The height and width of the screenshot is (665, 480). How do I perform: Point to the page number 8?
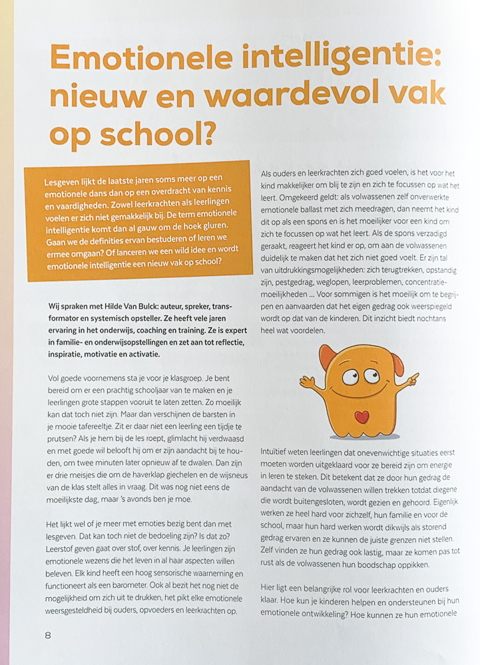(x=48, y=634)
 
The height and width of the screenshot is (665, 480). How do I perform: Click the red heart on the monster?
(x=361, y=417)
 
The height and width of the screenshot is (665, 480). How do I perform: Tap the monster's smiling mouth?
(x=360, y=389)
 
